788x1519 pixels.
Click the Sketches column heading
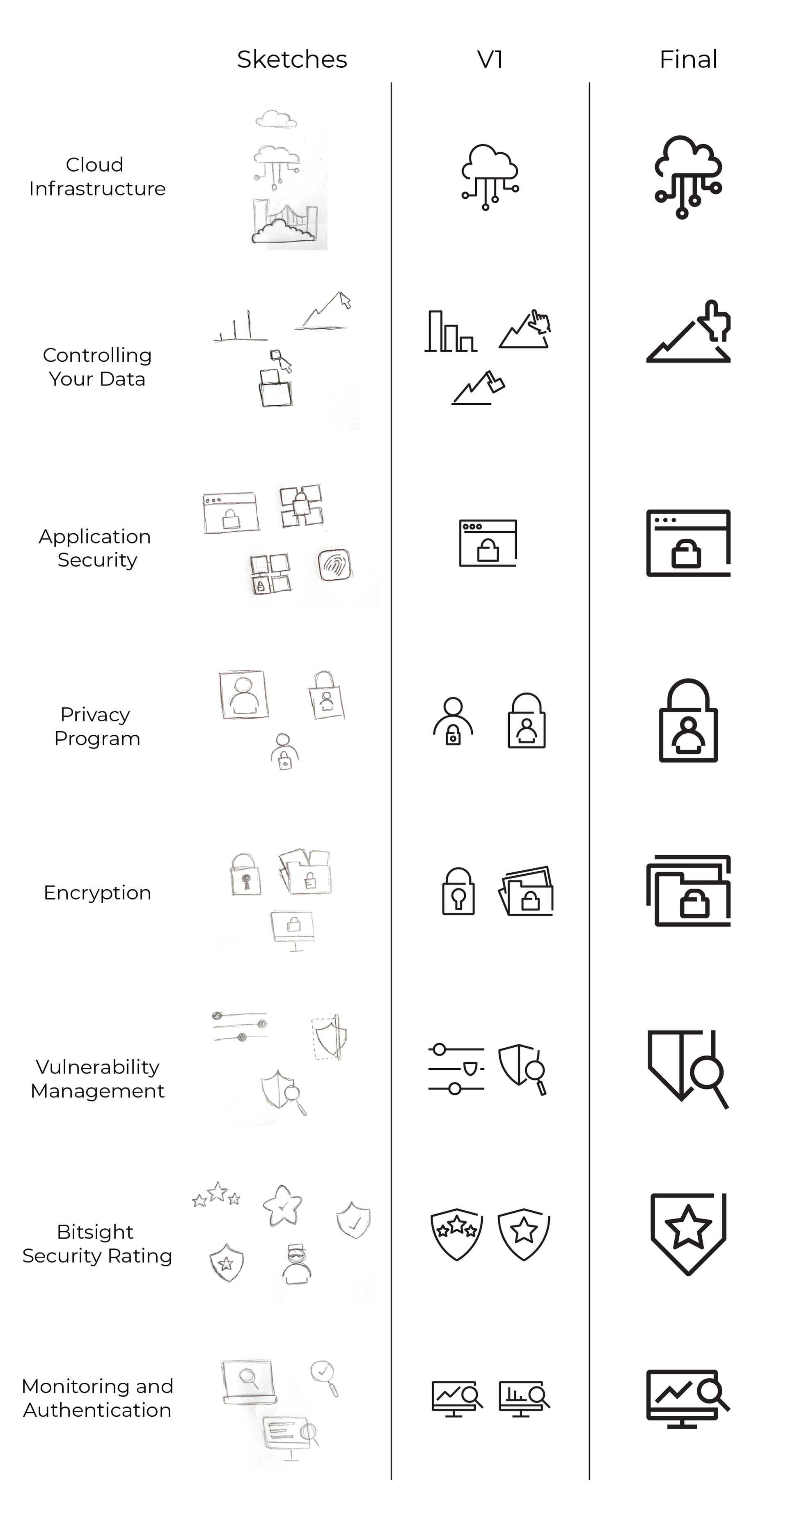[292, 60]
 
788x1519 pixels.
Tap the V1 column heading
[489, 60]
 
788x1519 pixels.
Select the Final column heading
[688, 60]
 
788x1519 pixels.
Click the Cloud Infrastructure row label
[97, 176]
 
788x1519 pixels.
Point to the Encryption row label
[97, 893]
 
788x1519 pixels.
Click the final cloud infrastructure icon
[688, 177]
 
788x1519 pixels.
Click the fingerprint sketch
[335, 565]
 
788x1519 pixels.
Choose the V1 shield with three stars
[457, 1234]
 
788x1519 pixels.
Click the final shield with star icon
[688, 1234]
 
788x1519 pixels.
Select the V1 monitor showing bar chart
[523, 1399]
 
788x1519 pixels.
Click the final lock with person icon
[688, 720]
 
